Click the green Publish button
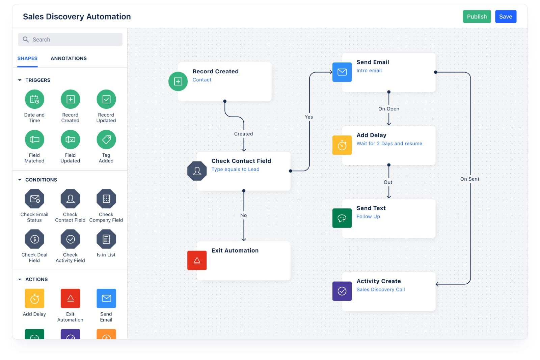pyautogui.click(x=477, y=17)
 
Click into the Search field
pyautogui.click(x=70, y=39)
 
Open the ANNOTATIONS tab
pyautogui.click(x=69, y=58)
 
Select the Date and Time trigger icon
pyautogui.click(x=34, y=99)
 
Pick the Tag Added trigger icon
pyautogui.click(x=106, y=139)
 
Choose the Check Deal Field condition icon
pyautogui.click(x=34, y=239)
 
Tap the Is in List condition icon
pyautogui.click(x=106, y=239)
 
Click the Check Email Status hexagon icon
pyautogui.click(x=34, y=199)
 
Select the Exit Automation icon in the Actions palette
pyautogui.click(x=70, y=298)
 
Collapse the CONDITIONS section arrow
pyautogui.click(x=20, y=180)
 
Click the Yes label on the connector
pyautogui.click(x=308, y=117)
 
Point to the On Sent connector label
pyautogui.click(x=469, y=179)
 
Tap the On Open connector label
pyautogui.click(x=388, y=109)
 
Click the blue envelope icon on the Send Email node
pyautogui.click(x=342, y=72)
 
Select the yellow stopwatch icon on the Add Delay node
pyautogui.click(x=342, y=145)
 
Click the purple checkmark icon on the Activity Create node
pyautogui.click(x=342, y=291)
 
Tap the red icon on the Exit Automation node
pyautogui.click(x=197, y=260)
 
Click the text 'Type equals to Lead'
pyautogui.click(x=235, y=170)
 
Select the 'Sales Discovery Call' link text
pyautogui.click(x=381, y=289)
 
